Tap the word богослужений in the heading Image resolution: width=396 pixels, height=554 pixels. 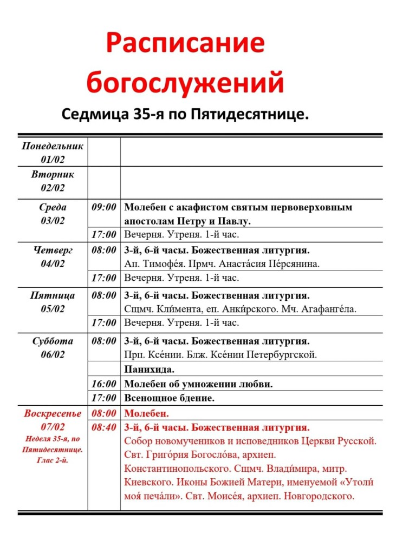(x=185, y=83)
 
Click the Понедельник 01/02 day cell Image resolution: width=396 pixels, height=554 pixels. (x=53, y=153)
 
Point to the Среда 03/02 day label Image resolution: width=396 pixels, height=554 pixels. (x=53, y=214)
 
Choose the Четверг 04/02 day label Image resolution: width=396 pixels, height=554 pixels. (x=53, y=257)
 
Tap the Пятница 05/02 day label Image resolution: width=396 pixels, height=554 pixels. (x=53, y=302)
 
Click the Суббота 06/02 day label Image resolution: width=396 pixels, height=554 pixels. (x=53, y=348)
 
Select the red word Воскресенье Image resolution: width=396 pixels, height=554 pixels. (x=53, y=414)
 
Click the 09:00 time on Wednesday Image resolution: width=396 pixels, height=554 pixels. (x=104, y=207)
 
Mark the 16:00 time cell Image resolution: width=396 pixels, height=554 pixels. (x=104, y=384)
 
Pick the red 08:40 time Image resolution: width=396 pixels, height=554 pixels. (x=104, y=427)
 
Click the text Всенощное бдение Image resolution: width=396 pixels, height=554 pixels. (x=170, y=398)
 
